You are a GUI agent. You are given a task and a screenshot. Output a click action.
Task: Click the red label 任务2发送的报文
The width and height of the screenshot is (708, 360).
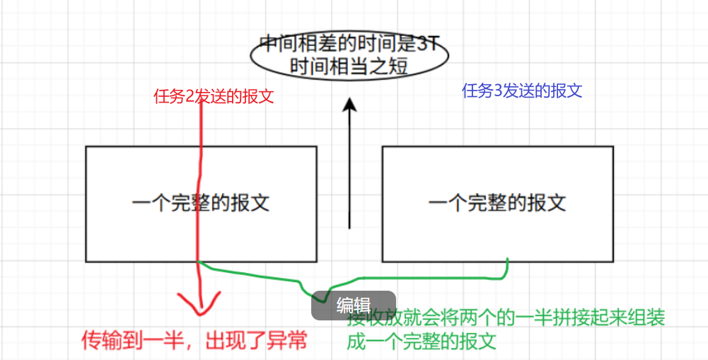[x=213, y=97]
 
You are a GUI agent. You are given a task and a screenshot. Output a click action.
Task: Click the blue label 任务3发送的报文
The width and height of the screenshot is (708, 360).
[x=522, y=91]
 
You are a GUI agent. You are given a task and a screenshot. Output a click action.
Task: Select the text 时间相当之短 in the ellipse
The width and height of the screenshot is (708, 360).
[x=349, y=67]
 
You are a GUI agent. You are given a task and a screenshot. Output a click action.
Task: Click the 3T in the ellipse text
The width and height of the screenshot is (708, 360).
[x=427, y=45]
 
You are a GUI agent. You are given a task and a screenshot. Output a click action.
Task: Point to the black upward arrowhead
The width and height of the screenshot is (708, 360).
[x=349, y=106]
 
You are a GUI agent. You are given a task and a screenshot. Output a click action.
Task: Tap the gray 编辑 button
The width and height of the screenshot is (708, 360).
[x=353, y=306]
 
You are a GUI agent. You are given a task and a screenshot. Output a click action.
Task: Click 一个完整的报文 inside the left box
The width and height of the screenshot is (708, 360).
[x=201, y=204]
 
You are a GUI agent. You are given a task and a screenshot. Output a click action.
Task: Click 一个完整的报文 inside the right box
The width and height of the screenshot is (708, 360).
[x=497, y=204]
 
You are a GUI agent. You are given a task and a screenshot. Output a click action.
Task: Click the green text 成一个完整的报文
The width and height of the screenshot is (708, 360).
[x=420, y=342]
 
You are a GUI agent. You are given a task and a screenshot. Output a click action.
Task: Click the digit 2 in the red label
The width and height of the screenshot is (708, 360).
[x=189, y=97]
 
